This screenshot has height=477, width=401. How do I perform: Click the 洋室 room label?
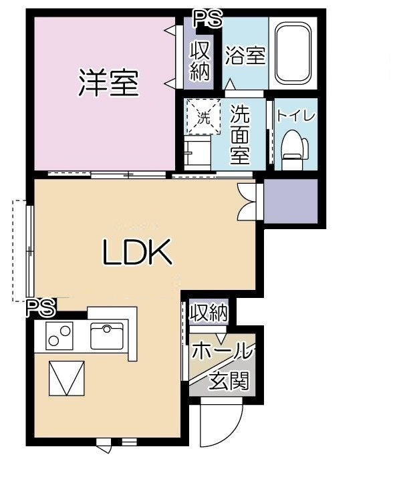[109, 83]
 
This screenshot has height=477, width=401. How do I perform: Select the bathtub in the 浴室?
[293, 53]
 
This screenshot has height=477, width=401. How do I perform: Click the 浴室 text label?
[245, 55]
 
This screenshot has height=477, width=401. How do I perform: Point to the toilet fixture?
[294, 150]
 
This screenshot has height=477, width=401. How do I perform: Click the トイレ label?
[295, 116]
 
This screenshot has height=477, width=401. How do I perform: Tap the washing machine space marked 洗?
[203, 116]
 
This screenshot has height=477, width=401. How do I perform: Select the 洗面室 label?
[240, 135]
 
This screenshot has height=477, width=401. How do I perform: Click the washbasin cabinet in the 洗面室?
[197, 153]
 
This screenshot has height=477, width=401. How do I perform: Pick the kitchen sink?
[107, 336]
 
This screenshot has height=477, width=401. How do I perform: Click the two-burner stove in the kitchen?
[59, 336]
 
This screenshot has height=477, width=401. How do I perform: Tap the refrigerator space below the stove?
[67, 378]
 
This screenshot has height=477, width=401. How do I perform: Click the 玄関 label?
[229, 381]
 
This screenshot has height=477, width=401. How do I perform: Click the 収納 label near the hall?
[209, 313]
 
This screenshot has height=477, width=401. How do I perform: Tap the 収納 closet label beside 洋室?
[200, 61]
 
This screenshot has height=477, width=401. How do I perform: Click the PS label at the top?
[209, 18]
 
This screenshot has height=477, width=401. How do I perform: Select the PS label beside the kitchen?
[41, 307]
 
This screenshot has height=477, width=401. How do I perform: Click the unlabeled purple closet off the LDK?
[291, 201]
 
